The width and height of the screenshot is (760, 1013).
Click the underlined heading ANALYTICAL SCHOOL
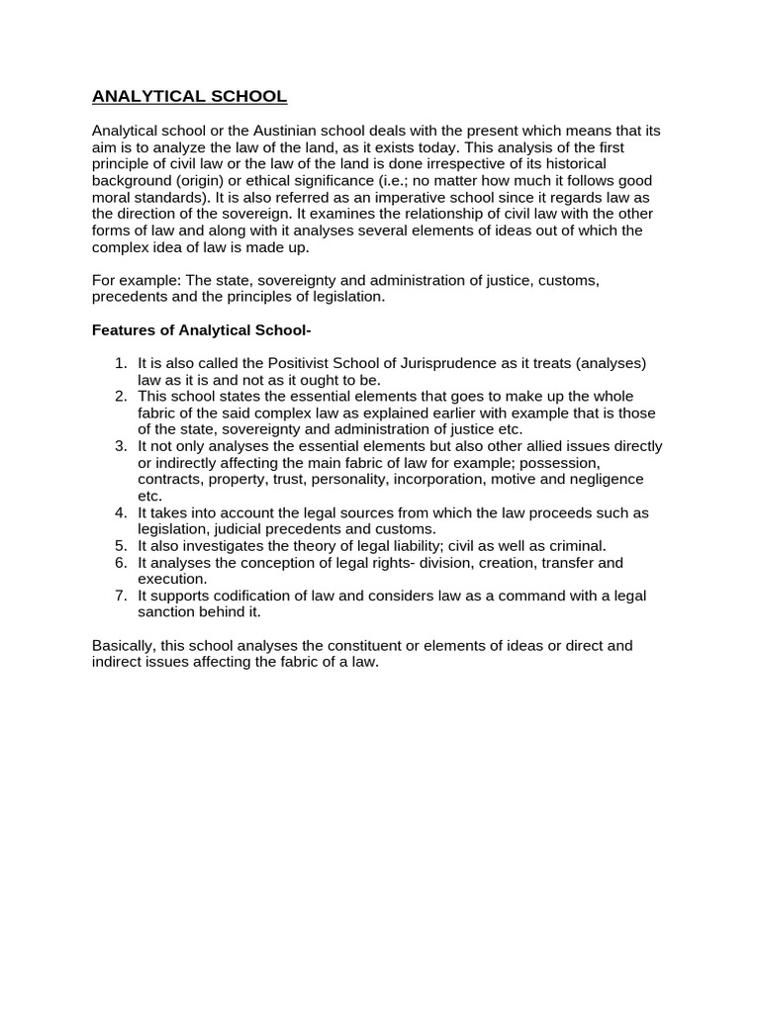[x=189, y=97]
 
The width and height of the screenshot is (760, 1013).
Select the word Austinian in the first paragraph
[x=286, y=132]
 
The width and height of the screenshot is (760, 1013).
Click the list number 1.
[x=121, y=363]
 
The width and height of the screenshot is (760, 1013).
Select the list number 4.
[x=121, y=512]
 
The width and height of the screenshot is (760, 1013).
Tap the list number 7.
[x=121, y=596]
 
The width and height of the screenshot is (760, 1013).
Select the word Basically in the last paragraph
[x=125, y=646]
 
